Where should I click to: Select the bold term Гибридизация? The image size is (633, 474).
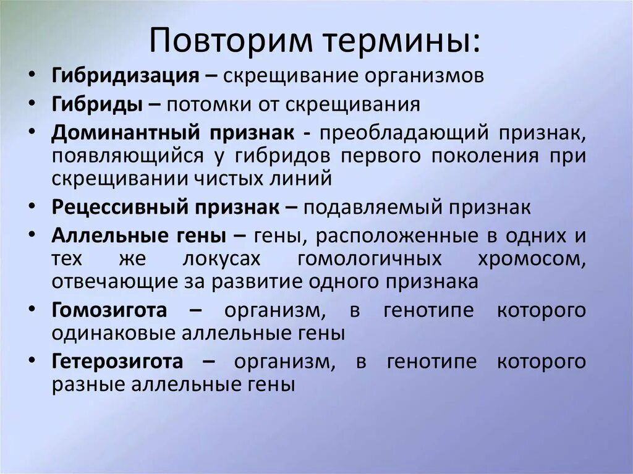125,77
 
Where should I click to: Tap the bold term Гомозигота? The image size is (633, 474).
109,310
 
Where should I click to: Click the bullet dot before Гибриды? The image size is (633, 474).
33,104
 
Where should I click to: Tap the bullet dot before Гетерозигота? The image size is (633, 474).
33,361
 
